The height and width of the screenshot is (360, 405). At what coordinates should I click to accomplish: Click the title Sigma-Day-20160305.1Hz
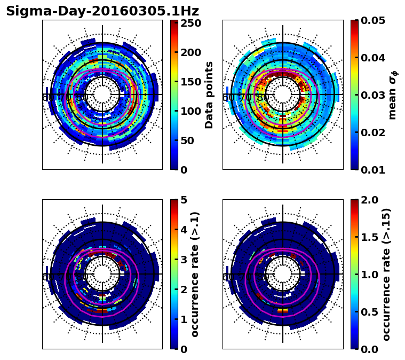pos(102,11)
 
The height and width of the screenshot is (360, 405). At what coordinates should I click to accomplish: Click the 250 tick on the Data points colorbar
pos(190,24)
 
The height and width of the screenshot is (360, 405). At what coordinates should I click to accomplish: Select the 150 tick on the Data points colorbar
pos(190,82)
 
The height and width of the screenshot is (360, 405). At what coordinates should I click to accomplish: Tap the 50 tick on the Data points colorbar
pos(190,140)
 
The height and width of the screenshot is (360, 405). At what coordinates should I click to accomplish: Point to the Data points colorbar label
pos(209,95)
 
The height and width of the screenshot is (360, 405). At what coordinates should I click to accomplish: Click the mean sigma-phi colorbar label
pos(392,95)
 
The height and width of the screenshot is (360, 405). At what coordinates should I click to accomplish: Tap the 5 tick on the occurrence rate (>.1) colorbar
pos(184,200)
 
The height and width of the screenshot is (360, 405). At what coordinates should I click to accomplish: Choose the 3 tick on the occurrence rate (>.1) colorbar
pos(184,260)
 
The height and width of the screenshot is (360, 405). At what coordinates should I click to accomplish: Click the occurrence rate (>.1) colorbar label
pos(195,274)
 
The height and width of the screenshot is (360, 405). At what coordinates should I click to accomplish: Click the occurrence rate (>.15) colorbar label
pos(386,274)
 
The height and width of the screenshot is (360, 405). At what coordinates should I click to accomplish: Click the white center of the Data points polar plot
pos(102,95)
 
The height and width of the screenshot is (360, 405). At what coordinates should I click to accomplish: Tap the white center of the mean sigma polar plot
pos(283,95)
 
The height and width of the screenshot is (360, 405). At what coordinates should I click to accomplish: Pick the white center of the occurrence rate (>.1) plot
pos(102,274)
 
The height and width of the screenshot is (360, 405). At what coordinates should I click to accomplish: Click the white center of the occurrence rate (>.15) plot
pos(283,274)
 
